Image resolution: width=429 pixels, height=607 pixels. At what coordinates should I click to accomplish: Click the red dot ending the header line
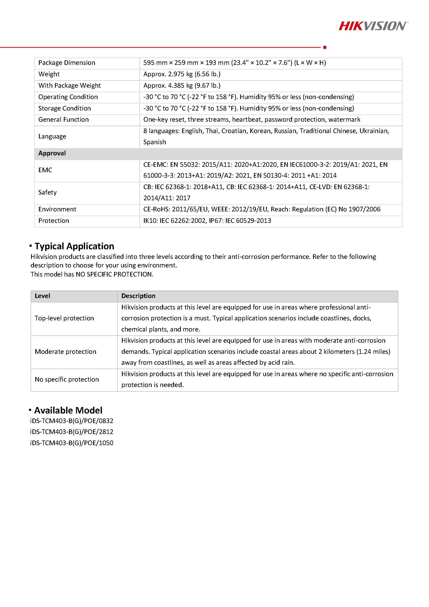325,47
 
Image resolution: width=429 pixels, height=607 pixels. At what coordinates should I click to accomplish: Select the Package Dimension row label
67,63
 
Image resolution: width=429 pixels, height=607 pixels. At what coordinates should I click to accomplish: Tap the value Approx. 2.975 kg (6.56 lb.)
182,74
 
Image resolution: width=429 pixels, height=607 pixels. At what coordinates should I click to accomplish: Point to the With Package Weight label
70,85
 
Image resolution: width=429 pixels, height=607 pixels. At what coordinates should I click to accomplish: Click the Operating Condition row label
68,97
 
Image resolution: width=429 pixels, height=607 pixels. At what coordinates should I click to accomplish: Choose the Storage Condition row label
65,108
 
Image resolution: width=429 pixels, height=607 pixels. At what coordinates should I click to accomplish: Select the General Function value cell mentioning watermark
252,120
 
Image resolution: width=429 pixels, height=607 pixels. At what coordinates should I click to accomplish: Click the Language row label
52,136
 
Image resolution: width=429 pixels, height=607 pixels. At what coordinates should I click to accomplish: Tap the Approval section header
52,153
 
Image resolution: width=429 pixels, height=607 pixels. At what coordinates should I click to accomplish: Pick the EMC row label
45,170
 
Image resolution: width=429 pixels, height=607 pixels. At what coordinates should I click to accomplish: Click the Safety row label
47,192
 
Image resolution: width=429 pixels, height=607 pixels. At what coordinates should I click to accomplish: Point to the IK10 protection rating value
207,220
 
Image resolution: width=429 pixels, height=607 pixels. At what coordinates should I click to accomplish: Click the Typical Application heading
74,246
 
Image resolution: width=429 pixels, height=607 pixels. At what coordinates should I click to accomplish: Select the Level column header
42,296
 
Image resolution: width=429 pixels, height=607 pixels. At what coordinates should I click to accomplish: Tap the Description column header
138,296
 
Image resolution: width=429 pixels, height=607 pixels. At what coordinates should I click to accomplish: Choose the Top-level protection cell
64,318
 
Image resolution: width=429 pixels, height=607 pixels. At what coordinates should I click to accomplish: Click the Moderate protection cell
65,351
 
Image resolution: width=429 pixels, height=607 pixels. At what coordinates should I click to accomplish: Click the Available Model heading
68,410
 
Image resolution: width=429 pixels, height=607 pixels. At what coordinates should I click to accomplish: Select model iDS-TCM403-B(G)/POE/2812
72,432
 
